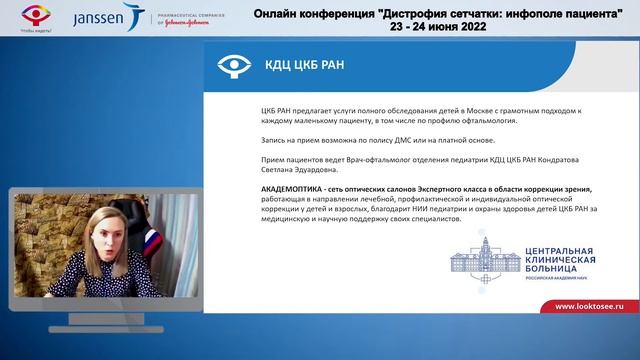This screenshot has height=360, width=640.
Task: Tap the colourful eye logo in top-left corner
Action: [x=22, y=14]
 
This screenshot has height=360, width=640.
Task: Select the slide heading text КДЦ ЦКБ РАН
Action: [x=302, y=66]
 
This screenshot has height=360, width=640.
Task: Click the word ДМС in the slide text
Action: [x=376, y=144]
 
